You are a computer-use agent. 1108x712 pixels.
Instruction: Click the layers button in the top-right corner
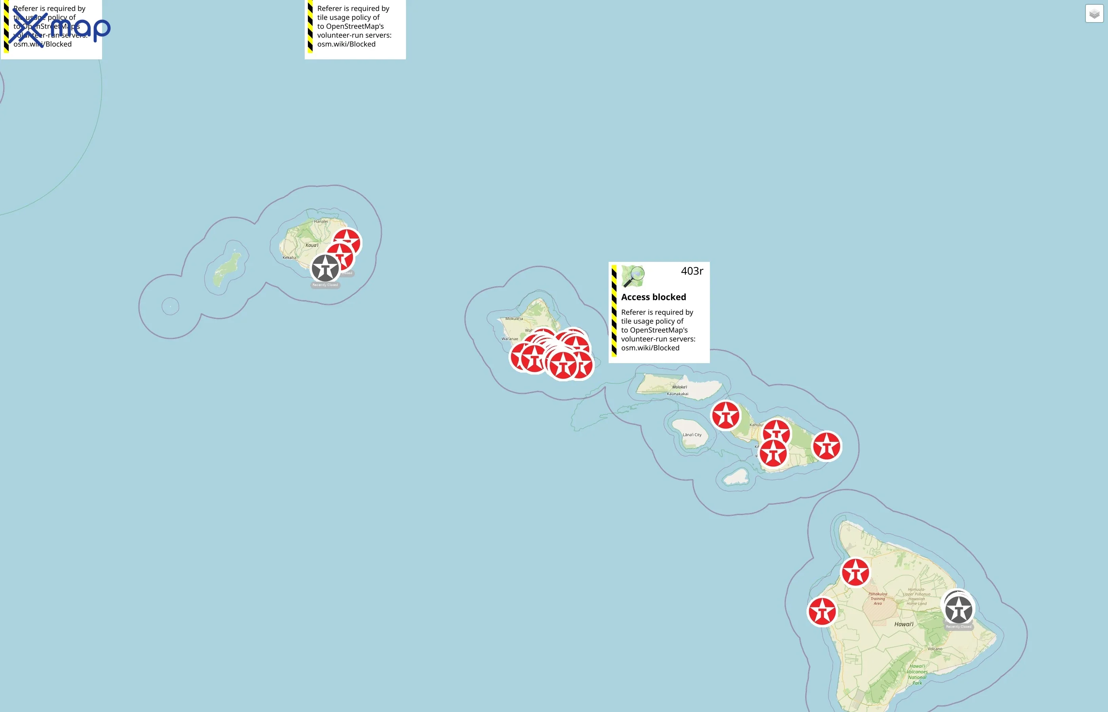tap(1094, 14)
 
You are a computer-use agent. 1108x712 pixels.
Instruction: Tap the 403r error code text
tap(691, 271)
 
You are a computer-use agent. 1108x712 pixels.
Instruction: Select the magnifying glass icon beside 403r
tap(633, 276)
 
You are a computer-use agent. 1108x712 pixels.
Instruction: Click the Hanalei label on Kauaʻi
tap(321, 222)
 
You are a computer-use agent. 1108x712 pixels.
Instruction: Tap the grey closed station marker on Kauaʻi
tap(325, 268)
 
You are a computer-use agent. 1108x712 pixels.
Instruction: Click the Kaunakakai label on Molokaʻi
tap(677, 394)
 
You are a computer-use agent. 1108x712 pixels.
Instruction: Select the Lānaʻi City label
tap(692, 435)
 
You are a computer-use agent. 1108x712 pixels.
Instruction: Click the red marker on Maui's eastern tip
tap(826, 447)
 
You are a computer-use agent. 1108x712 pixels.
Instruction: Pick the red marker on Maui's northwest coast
tap(726, 415)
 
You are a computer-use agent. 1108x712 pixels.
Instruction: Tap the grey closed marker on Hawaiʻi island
tap(959, 610)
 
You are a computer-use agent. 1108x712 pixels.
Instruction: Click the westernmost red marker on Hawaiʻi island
tap(822, 612)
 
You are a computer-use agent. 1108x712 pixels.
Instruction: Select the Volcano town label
tap(935, 649)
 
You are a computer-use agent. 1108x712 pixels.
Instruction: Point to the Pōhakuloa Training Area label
tap(877, 598)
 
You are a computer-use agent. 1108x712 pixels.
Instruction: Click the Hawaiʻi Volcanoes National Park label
tap(917, 674)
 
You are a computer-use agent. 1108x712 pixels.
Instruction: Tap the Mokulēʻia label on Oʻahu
tap(514, 318)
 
